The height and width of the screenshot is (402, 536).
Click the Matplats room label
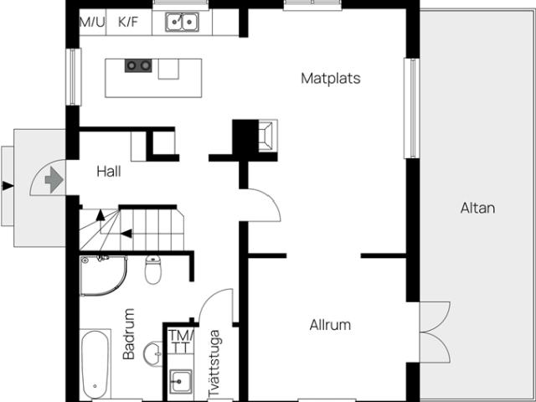coord(331,78)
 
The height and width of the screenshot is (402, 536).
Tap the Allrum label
coord(330,325)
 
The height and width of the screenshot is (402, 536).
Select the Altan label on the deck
coord(477,208)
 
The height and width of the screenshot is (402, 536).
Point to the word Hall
coord(109,171)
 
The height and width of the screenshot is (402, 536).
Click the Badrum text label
coord(129,334)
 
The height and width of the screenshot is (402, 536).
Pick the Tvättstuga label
coord(214,363)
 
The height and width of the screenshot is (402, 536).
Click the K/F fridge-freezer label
coord(128,22)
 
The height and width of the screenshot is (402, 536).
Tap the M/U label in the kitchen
coord(92,22)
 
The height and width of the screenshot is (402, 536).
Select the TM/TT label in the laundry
coord(181,342)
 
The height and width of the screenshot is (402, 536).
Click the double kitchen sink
coord(183,23)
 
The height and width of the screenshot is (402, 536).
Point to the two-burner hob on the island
coord(138,65)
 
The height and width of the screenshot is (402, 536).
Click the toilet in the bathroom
coord(152,270)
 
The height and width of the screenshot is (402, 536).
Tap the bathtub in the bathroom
coord(95,363)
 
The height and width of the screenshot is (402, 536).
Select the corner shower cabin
coord(103,276)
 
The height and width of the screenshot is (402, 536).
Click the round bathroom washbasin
coord(152,353)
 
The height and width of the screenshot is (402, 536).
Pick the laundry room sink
coord(181,381)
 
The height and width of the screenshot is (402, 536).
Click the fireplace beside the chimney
coord(267,136)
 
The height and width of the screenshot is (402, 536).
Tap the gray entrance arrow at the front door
coord(54,179)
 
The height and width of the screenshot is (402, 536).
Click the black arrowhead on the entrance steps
coord(8,186)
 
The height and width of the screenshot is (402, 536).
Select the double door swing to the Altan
coord(435,332)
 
